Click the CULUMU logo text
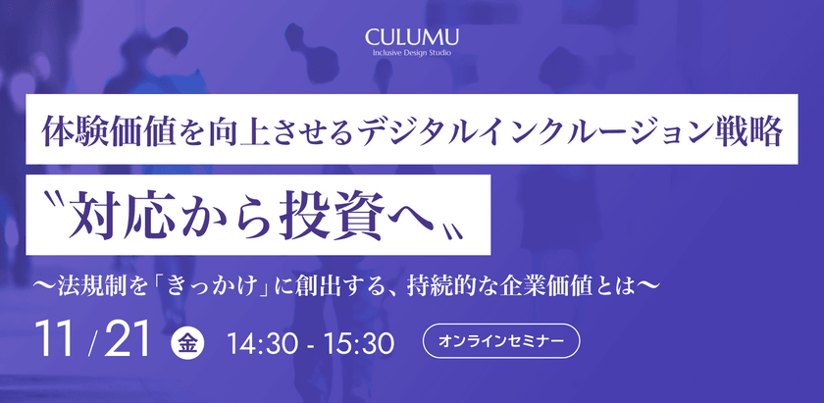pyautogui.click(x=411, y=37)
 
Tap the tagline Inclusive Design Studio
pyautogui.click(x=411, y=53)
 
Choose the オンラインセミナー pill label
pyautogui.click(x=501, y=342)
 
